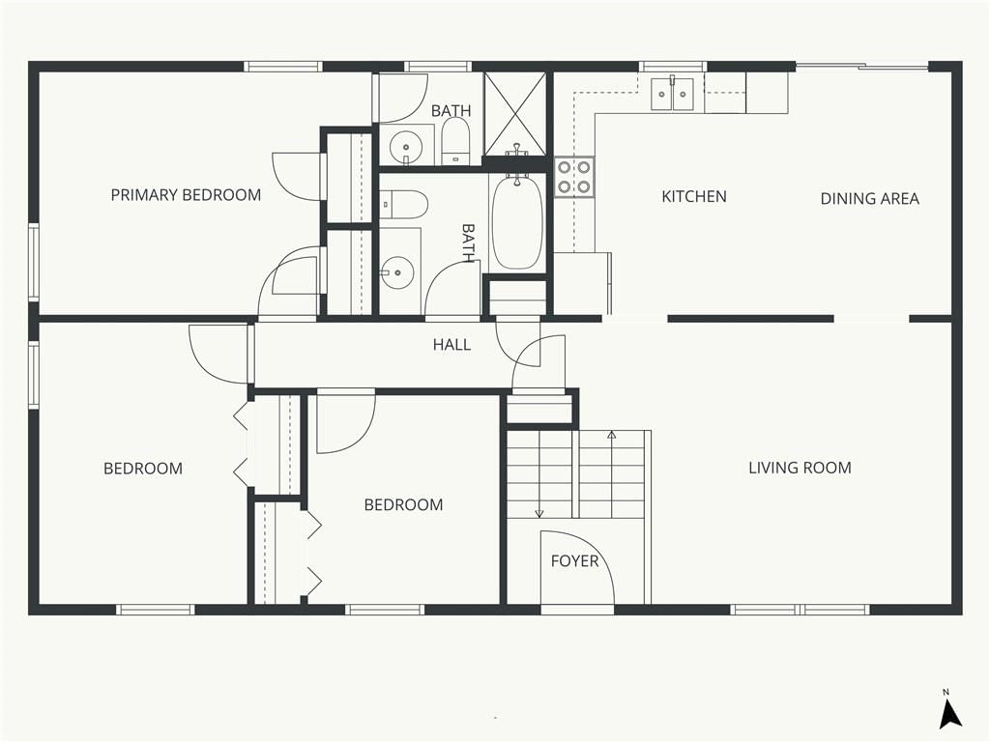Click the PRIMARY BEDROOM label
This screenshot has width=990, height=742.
pos(186,195)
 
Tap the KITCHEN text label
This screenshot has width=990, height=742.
pos(694,197)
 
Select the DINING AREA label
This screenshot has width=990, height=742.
pos(869,199)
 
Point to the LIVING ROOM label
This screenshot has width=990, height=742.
pos(800,468)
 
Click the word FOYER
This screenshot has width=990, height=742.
pos(574,561)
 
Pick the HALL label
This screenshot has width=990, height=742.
pos(451,345)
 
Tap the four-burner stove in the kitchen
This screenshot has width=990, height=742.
pos(574,178)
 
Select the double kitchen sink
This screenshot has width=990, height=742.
pos(673,94)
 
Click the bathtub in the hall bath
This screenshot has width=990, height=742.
pos(517,223)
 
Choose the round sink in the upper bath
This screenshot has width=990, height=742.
pos(405,148)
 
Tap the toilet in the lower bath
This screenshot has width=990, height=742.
pos(404,205)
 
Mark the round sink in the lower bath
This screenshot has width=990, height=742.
pos(397,272)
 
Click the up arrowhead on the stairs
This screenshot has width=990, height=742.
pos(611,435)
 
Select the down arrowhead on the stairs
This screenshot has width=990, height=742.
pos(539,514)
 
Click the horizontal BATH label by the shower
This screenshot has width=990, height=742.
pos(451,110)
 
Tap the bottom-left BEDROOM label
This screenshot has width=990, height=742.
pos(143,469)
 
